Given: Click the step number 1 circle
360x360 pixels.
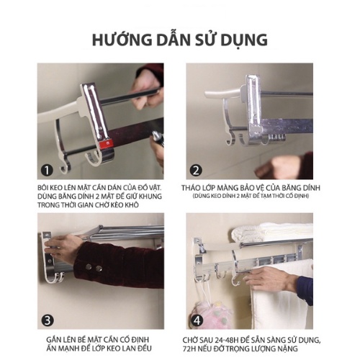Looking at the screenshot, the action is [47, 171].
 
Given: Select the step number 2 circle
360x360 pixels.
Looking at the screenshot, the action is [196, 171].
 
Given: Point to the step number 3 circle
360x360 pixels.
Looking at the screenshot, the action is [48, 320].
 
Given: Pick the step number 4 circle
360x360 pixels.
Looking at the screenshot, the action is [197, 320].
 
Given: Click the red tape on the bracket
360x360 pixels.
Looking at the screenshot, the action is [107, 145].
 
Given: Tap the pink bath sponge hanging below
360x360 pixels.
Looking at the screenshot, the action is [211, 315].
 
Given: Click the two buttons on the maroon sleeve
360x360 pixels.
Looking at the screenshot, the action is [94, 267].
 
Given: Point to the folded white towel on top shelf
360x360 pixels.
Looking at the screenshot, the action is [272, 232].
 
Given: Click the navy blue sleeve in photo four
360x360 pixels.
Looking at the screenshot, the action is [305, 290].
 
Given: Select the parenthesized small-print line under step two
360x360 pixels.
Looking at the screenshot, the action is [251, 196].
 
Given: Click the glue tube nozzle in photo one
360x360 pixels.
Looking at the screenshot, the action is [157, 139].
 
